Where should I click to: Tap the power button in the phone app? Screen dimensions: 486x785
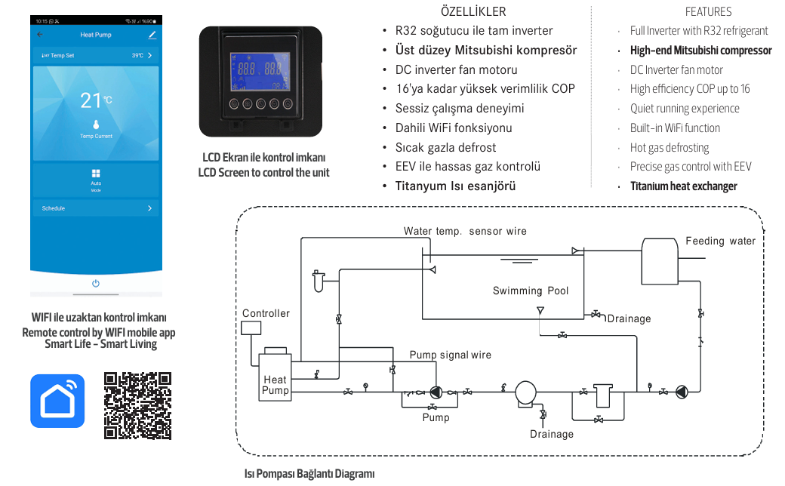96,283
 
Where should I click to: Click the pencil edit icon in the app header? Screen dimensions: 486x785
152,35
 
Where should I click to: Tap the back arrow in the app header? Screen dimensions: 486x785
40,35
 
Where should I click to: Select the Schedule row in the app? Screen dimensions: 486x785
96,208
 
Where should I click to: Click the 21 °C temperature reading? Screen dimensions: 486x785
96,100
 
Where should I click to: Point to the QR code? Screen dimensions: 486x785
137,405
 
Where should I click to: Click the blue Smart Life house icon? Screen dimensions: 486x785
57,401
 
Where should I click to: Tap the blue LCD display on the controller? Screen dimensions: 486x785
260,71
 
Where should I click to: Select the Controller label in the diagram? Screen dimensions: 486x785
266,313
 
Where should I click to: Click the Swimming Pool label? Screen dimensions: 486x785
531,291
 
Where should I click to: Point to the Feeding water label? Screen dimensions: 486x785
720,241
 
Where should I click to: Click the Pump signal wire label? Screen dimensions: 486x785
450,355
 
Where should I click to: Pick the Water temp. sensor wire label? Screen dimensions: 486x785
465,231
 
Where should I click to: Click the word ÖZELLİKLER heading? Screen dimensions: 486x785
473,11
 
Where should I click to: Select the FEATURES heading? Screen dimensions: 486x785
708,11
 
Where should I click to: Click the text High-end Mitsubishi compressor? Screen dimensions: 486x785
700,51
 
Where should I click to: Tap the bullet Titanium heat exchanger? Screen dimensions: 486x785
683,186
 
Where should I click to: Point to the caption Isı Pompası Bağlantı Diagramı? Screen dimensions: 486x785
309,474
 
